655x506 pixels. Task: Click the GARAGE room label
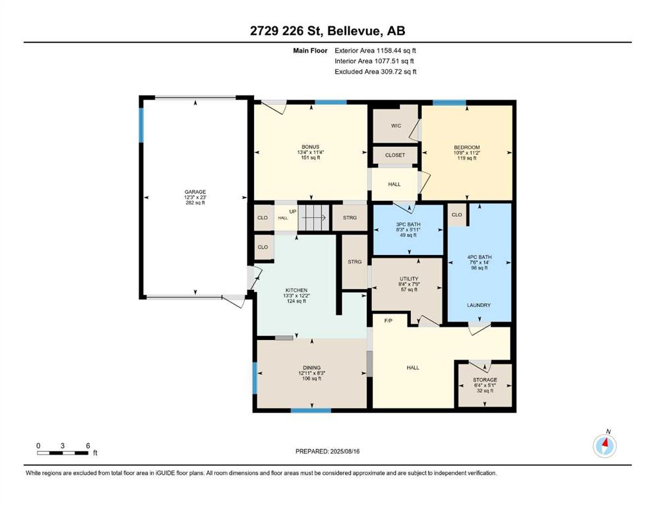coord(195,192)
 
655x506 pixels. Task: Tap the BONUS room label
coord(311,147)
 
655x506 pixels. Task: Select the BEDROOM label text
coord(466,147)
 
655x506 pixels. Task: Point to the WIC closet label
coord(396,126)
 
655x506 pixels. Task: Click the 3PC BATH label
coord(408,225)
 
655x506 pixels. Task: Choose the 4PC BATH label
coord(479,258)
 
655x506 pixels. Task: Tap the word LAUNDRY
coord(479,305)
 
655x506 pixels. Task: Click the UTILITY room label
coord(408,279)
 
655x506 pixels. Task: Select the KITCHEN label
coord(296,291)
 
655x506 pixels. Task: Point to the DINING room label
coord(311,368)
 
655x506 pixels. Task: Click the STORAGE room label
coord(485,380)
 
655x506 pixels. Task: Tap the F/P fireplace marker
coord(388,321)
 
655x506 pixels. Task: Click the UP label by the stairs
coord(293,211)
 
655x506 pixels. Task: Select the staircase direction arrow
coord(314,217)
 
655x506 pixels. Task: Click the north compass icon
coord(604,445)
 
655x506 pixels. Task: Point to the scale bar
coord(63,453)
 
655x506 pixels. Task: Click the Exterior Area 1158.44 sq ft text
coord(375,51)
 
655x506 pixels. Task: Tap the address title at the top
coord(327,31)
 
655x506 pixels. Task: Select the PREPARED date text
coord(327,451)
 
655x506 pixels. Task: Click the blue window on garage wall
coord(141,125)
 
